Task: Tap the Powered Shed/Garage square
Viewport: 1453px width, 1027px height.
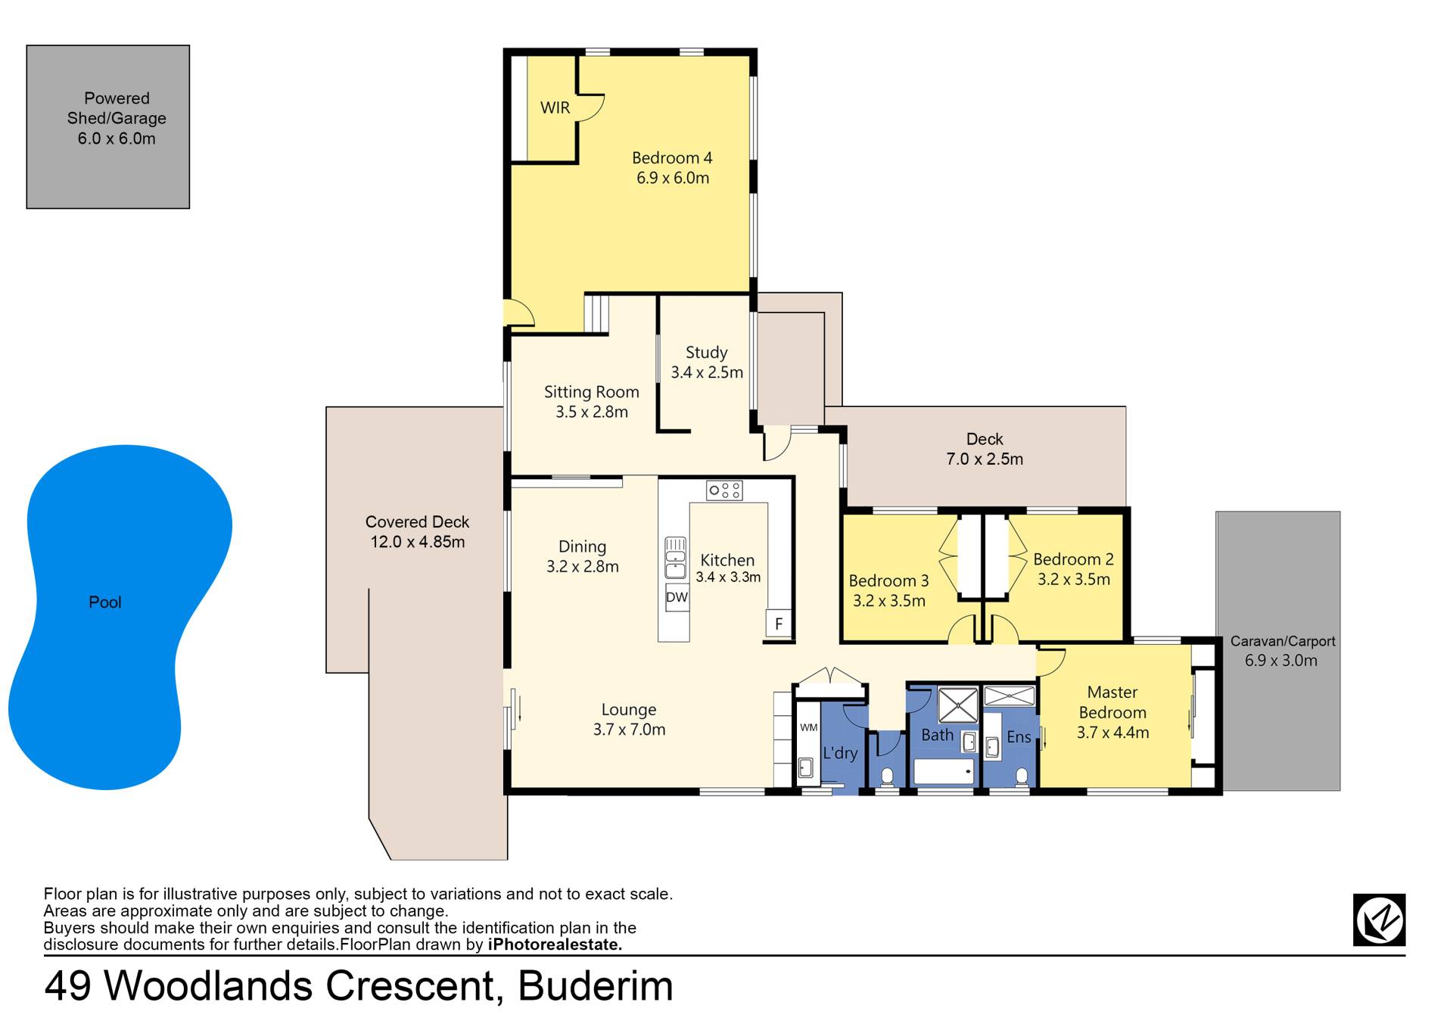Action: (x=108, y=126)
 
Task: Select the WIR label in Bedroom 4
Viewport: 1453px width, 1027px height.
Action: (x=555, y=107)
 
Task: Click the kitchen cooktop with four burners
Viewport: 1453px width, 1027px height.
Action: (x=724, y=490)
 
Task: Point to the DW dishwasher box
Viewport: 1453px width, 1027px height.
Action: (x=677, y=597)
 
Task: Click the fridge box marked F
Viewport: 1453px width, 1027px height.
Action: (x=778, y=624)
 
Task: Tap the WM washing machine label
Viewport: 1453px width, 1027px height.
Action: (x=808, y=727)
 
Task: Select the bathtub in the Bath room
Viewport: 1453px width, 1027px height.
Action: (x=944, y=772)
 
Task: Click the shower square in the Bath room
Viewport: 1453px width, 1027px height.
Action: (x=958, y=705)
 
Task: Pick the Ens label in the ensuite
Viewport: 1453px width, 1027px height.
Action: (x=1019, y=737)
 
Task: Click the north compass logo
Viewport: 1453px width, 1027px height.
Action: (x=1379, y=920)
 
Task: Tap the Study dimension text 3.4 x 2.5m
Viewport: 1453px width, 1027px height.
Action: (x=707, y=372)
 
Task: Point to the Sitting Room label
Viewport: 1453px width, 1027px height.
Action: (x=592, y=392)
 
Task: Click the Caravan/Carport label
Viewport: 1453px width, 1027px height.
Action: (x=1283, y=641)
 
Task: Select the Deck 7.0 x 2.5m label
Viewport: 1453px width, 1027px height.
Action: (x=985, y=449)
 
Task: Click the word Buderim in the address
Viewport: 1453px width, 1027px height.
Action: (x=596, y=986)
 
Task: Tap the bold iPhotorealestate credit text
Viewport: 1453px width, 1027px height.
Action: (x=555, y=945)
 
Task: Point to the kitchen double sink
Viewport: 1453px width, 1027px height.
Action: (x=675, y=559)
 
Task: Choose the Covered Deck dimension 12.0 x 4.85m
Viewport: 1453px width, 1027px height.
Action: (x=418, y=542)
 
